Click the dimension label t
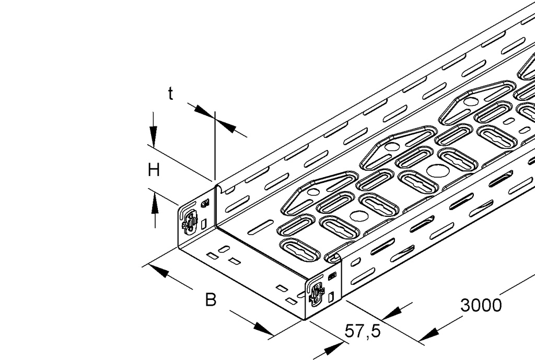coord(171,94)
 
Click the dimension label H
coord(154,170)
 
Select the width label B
coord(211,299)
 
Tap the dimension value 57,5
coord(363,331)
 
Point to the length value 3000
coord(481,305)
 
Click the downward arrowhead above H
coord(154,136)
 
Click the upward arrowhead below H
coord(155,203)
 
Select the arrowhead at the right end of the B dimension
coord(263,329)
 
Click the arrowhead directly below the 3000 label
coord(428,335)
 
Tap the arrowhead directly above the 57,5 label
coord(392,313)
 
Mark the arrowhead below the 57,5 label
coord(334,349)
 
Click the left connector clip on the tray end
coord(190,222)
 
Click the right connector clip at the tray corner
coord(317,294)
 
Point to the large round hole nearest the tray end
coord(359,216)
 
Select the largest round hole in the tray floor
coord(438,171)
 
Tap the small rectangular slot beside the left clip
coord(204,224)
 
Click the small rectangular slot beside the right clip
coord(331,297)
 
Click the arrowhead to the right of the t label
coord(226,127)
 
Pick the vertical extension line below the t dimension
coord(215,146)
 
